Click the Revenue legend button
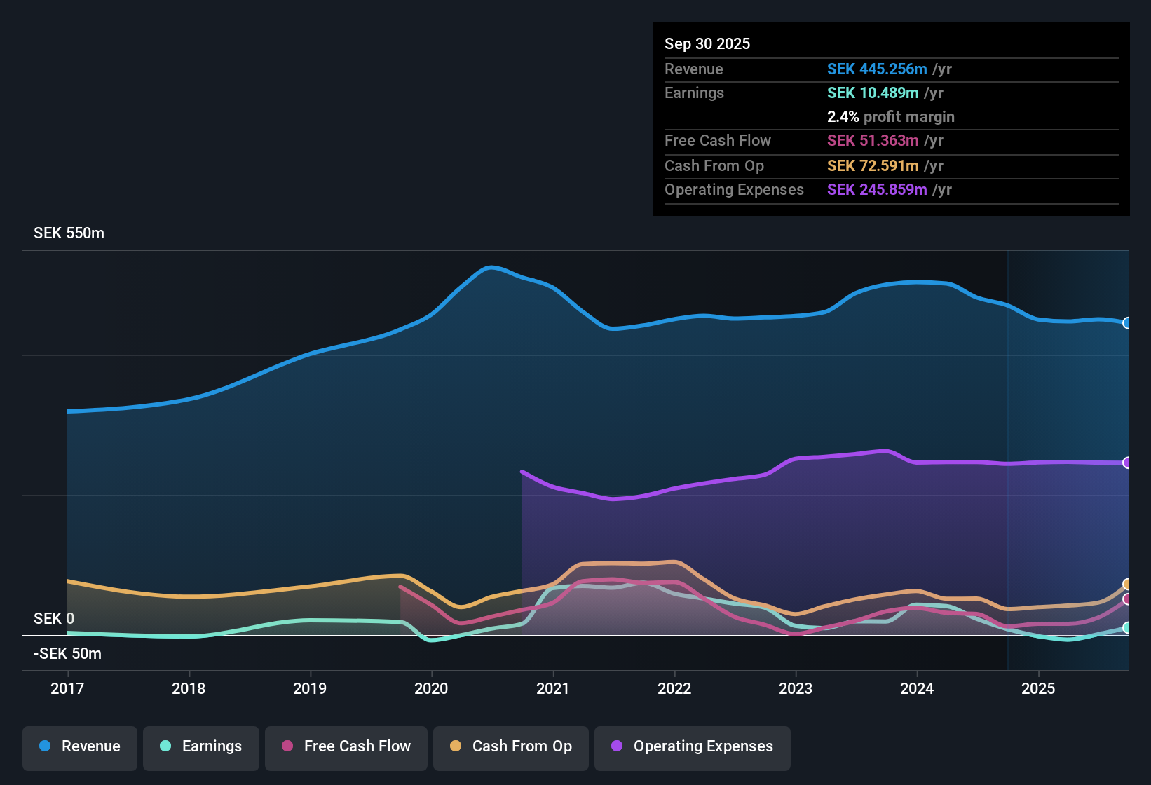coord(79,746)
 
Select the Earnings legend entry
coord(200,746)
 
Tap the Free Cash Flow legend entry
coord(346,746)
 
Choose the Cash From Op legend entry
coord(510,746)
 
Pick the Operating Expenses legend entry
coord(692,746)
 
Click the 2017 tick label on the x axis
coord(67,689)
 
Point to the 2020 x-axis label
coord(431,689)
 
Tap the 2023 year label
coord(796,689)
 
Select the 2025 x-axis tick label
coord(1038,689)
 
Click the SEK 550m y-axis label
coord(69,233)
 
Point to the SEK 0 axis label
coord(54,619)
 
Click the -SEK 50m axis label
coord(67,654)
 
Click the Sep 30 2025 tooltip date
coord(707,44)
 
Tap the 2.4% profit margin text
coord(890,117)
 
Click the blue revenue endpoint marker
coord(1126,323)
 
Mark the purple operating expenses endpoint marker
coord(1126,463)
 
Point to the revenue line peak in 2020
coord(491,267)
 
